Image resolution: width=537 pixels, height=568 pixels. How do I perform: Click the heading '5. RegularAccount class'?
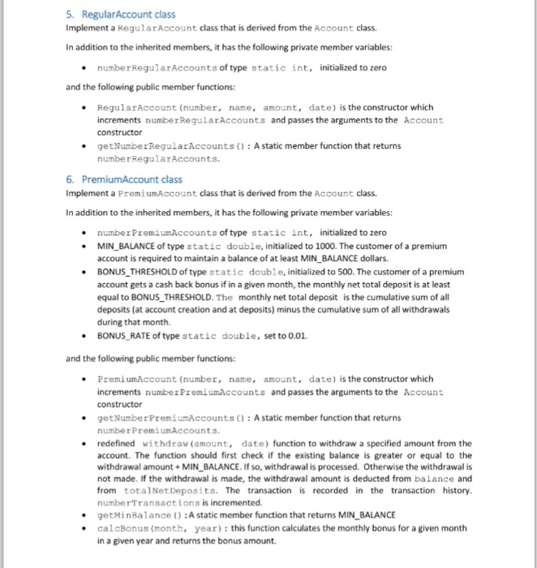tap(121, 15)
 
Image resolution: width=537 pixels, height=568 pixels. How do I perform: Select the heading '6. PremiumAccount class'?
tap(124, 179)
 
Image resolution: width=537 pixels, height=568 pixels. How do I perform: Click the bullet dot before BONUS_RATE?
tap(85, 335)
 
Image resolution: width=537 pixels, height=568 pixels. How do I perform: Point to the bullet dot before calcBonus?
tap(85, 528)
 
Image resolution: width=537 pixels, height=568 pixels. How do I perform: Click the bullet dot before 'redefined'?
tap(85, 445)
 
